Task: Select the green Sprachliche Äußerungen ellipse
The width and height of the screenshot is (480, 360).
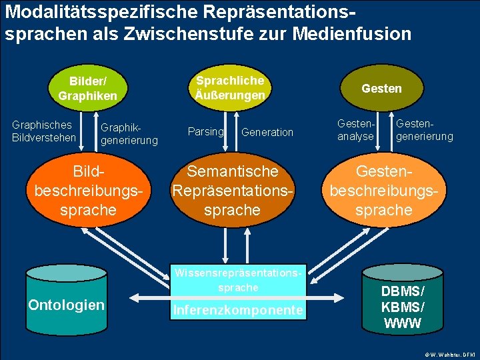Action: pyautogui.click(x=230, y=87)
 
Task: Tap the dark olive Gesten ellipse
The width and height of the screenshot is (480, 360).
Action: pyautogui.click(x=381, y=89)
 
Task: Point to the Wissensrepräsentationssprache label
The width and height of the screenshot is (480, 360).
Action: pyautogui.click(x=238, y=280)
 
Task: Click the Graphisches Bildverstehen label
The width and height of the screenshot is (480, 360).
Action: pyautogui.click(x=41, y=131)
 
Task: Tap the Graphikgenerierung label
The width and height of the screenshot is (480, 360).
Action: pyautogui.click(x=129, y=133)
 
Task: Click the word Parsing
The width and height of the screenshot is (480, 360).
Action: pyautogui.click(x=205, y=131)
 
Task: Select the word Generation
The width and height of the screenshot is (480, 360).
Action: pyautogui.click(x=267, y=132)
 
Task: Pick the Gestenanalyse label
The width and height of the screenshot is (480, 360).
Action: pyautogui.click(x=355, y=131)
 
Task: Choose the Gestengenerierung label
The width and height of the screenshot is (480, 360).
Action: pyautogui.click(x=424, y=131)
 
